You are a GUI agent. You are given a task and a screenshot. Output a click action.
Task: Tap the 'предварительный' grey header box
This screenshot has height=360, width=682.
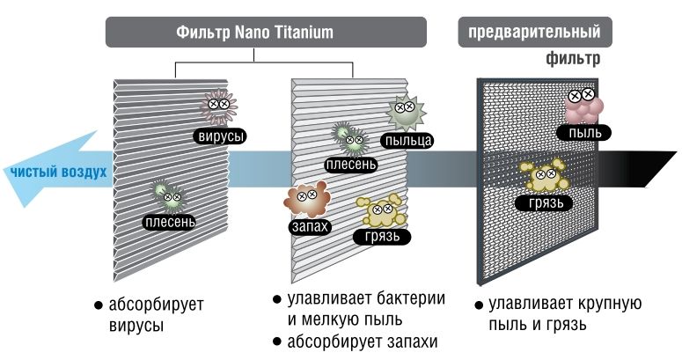pyautogui.click(x=534, y=33)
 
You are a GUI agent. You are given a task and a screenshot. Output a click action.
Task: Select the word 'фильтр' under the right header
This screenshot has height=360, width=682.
pyautogui.click(x=573, y=60)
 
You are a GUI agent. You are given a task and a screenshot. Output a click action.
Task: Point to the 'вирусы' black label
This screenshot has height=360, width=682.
pyautogui.click(x=220, y=136)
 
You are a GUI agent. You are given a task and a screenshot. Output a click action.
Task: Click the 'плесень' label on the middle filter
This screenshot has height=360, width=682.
pyautogui.click(x=351, y=164)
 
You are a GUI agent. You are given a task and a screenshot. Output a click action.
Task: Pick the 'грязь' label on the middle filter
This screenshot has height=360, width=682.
pyautogui.click(x=382, y=237)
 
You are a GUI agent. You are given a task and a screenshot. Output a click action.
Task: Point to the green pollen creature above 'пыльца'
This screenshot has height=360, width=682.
pyautogui.click(x=405, y=110)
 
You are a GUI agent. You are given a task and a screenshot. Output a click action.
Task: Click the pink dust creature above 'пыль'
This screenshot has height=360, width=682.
pyautogui.click(x=583, y=103)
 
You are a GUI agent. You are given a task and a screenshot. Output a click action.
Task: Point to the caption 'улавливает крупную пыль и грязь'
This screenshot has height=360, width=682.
pyautogui.click(x=564, y=314)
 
